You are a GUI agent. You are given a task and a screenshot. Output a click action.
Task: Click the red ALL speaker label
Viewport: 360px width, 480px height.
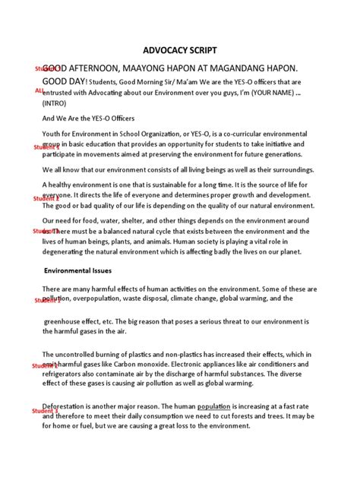click(39, 90)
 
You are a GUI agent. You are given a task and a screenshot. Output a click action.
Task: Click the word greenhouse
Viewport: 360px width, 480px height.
click(66, 321)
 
